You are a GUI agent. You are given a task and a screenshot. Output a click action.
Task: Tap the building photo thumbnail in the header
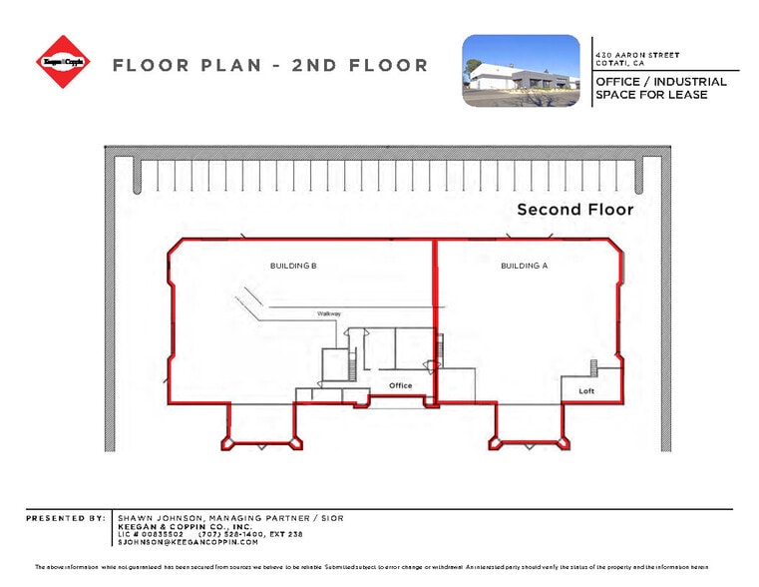pyautogui.click(x=521, y=70)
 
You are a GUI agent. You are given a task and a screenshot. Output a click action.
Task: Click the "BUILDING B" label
pyautogui.click(x=293, y=266)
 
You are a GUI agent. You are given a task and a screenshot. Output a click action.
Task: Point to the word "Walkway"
pyautogui.click(x=329, y=313)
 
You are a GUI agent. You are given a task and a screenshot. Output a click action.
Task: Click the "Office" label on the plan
pyautogui.click(x=400, y=385)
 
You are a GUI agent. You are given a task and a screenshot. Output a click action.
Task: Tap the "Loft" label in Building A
pyautogui.click(x=586, y=390)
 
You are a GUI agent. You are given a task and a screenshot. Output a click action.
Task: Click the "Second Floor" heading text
pyautogui.click(x=574, y=210)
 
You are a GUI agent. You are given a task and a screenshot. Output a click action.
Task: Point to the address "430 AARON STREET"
pyautogui.click(x=636, y=54)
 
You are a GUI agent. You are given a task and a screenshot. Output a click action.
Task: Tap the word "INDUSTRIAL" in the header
pyautogui.click(x=689, y=82)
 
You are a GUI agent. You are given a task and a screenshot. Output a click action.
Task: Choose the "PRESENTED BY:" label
pyautogui.click(x=66, y=519)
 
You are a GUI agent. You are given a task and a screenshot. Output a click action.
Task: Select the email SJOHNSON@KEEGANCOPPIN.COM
pyautogui.click(x=188, y=542)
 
